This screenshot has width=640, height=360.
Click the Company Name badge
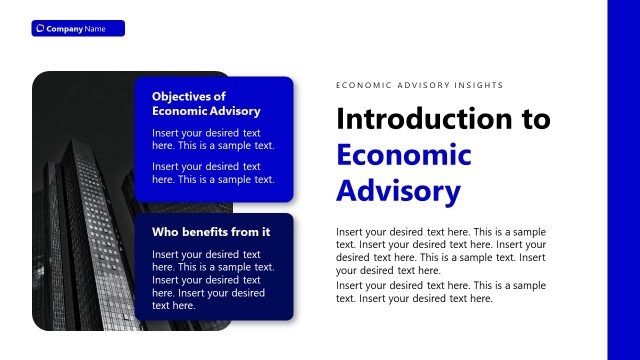[78, 28]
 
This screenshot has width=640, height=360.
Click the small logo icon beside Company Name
[40, 28]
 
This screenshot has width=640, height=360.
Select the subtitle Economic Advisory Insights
[419, 86]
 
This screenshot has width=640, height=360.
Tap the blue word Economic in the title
[403, 155]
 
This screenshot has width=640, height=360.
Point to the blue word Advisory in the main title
[398, 190]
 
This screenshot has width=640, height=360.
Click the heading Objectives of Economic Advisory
[206, 103]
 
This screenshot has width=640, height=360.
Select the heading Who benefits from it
[211, 232]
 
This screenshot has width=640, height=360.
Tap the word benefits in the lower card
[218, 232]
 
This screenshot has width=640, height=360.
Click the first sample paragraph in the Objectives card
[213, 139]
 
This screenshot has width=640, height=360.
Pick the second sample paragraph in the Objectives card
[213, 173]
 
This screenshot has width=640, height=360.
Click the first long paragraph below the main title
[441, 251]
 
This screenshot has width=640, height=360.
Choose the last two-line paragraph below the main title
[441, 292]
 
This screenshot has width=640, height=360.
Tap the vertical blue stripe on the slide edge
[623, 180]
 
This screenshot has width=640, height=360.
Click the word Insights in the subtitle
[483, 86]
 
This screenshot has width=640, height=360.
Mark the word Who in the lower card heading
[163, 232]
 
